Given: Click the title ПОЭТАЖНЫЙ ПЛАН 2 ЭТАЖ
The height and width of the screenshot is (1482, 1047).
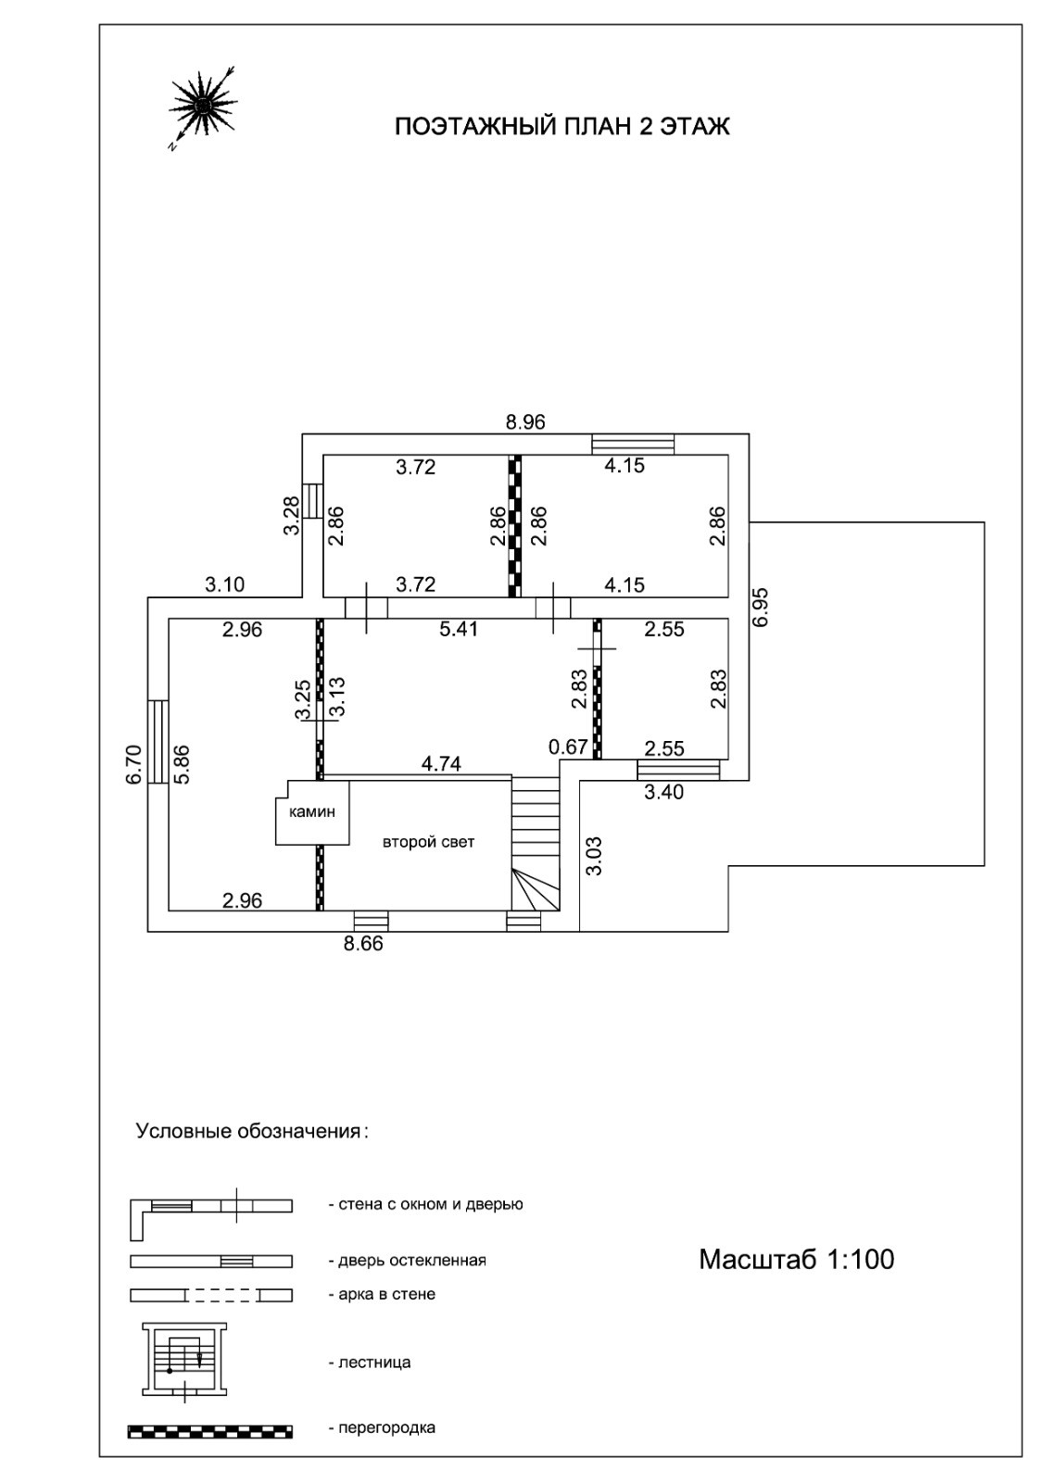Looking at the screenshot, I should [x=561, y=126].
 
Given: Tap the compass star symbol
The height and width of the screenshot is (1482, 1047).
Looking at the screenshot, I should [x=201, y=104].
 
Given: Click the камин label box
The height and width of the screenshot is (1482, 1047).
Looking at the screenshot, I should [x=312, y=812].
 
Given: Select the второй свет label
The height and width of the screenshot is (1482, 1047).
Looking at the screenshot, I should [x=428, y=842].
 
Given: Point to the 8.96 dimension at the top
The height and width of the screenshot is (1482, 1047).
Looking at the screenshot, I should [x=525, y=422].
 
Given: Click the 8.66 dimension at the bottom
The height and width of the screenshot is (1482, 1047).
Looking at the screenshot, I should [x=362, y=945].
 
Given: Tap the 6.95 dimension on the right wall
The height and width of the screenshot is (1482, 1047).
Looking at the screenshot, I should [x=761, y=607].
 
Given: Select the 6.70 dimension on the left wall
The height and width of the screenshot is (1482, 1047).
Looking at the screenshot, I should [x=134, y=765].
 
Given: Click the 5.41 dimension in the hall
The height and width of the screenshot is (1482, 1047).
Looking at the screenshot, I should [x=459, y=630].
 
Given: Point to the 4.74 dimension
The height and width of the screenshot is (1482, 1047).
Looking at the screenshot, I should [x=441, y=764].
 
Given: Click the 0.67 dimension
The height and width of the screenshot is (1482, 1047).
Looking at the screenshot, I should [x=568, y=747].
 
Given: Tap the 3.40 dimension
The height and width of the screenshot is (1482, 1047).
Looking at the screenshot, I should [x=663, y=792].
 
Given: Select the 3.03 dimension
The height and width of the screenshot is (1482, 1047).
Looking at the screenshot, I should [x=595, y=856].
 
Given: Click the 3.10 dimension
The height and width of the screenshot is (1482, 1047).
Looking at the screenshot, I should [x=224, y=584].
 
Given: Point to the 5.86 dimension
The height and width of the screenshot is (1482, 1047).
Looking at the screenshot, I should [x=182, y=765].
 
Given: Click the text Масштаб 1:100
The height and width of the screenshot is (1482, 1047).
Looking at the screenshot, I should [x=796, y=1260].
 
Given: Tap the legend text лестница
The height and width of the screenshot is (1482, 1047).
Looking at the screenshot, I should [x=369, y=1363].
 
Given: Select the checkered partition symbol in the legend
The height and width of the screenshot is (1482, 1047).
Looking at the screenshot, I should [x=210, y=1432].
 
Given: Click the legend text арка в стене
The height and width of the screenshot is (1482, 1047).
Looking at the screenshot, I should [x=381, y=1294].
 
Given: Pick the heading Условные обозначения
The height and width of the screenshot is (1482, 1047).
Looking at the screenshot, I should [x=251, y=1131].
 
